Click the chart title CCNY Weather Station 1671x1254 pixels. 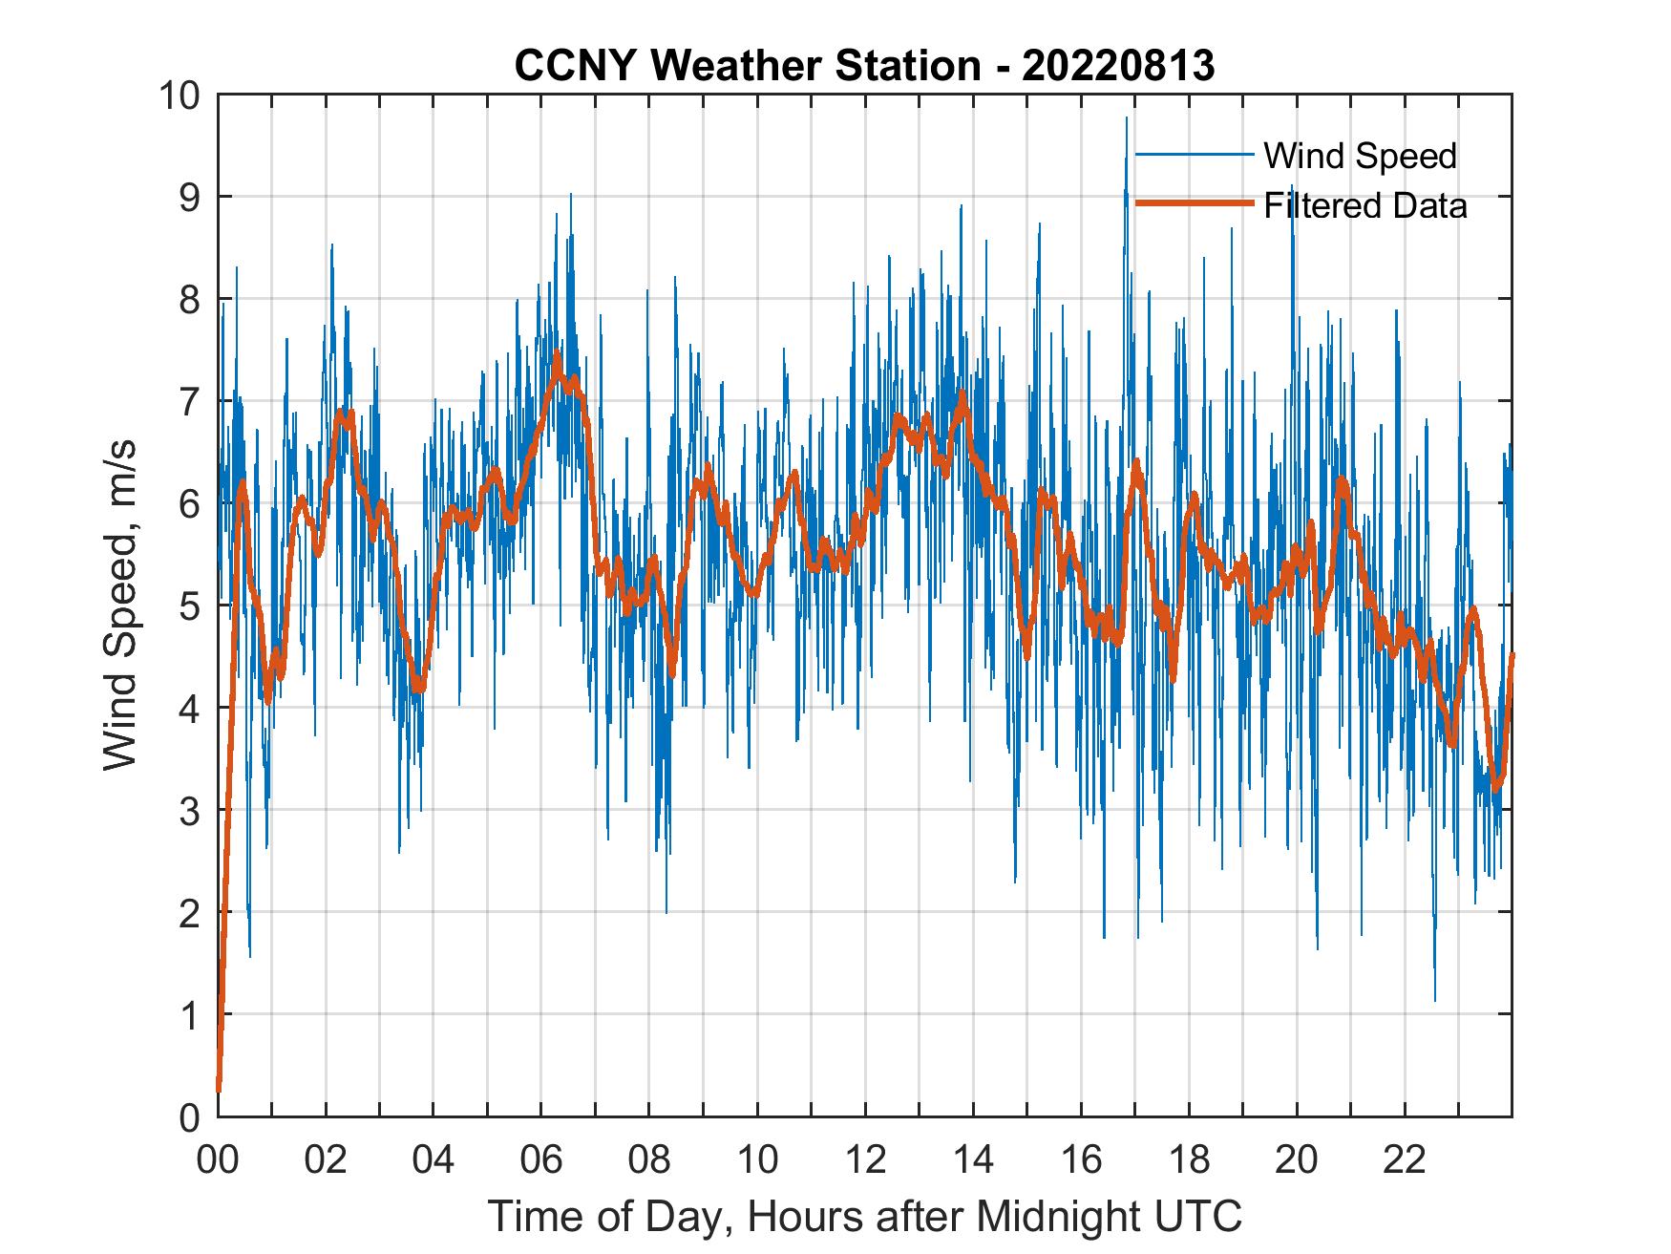click(747, 66)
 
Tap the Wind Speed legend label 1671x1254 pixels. click(1360, 156)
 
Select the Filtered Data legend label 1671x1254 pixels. click(1364, 205)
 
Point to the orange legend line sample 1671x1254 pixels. click(1194, 203)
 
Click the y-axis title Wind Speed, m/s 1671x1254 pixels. click(120, 605)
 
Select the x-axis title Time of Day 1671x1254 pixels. click(865, 1216)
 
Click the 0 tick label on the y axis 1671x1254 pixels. click(189, 1116)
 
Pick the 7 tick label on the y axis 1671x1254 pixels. click(189, 402)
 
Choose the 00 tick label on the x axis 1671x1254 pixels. click(219, 1159)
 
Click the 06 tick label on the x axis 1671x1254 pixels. click(541, 1159)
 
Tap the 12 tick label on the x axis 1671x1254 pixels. click(865, 1159)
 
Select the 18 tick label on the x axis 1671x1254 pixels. click(1189, 1159)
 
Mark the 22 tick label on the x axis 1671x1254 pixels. click(1405, 1159)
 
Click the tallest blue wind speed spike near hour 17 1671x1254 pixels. click(1127, 119)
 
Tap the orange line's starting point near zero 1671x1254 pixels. click(219, 1089)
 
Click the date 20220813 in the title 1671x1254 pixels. click(1118, 66)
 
